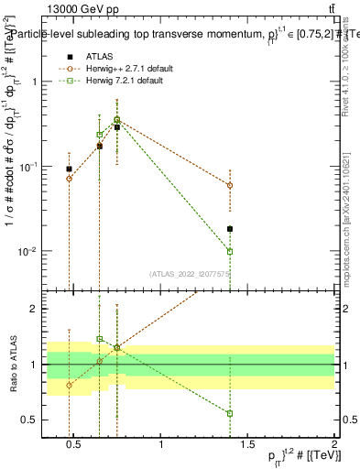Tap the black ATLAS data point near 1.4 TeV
[230, 229]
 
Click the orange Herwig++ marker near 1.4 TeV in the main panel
[230, 185]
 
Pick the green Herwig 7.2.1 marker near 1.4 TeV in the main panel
[230, 251]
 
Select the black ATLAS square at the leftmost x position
[70, 169]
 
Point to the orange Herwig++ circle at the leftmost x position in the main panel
[70, 178]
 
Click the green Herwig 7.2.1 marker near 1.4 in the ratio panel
[230, 413]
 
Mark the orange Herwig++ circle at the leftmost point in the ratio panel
[70, 385]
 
